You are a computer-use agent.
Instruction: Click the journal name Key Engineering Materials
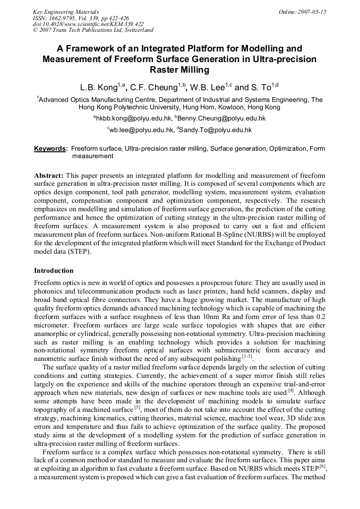(66, 11)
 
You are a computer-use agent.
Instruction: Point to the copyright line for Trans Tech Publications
(93, 30)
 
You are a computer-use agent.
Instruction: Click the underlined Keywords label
(50, 149)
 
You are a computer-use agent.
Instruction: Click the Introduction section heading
(54, 271)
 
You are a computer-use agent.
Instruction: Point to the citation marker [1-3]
(247, 357)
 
